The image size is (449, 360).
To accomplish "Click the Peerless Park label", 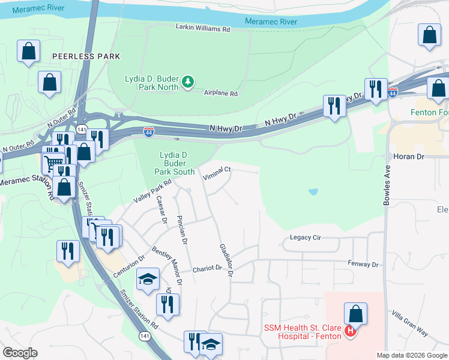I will coord(86,56).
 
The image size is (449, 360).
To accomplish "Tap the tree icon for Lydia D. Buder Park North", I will coord(188,81).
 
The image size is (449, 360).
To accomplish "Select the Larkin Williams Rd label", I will coord(203,28).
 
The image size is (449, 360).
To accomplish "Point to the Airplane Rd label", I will coord(221,94).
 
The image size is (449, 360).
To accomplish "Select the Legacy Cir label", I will coord(306,238).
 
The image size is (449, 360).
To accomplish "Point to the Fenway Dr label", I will coord(364,263).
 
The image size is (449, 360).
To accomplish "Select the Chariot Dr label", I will coord(207,269).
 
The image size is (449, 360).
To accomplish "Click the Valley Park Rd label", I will coord(153,191).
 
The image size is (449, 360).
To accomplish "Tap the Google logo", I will coord(20,353).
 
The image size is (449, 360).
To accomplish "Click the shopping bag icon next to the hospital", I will coord(355,313).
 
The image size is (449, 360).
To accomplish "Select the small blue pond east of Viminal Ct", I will coord(313,192).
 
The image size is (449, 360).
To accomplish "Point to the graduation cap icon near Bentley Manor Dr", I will coord(148,279).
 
